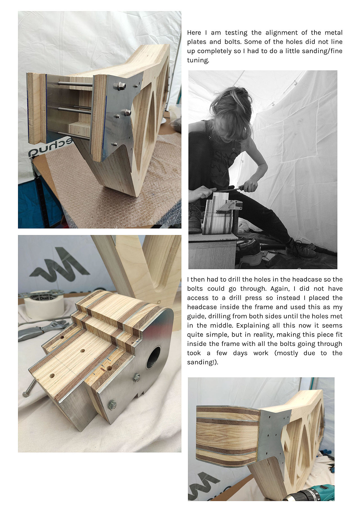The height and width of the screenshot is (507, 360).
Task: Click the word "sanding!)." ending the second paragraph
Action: (x=202, y=363)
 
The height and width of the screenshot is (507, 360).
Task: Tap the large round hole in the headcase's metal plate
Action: (x=153, y=357)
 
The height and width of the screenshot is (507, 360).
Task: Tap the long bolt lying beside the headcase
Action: (x=30, y=388)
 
